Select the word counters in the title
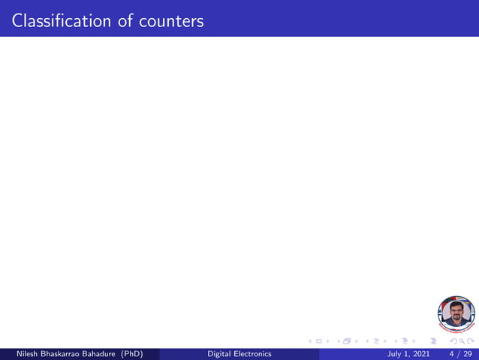(170, 20)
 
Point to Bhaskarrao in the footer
(56, 354)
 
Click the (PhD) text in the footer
(131, 354)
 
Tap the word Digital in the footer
(219, 354)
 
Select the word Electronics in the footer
(252, 354)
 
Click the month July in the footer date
(395, 354)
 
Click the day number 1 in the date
(406, 354)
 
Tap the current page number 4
(451, 354)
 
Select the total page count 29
(468, 354)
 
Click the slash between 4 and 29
(459, 354)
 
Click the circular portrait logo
(456, 313)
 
